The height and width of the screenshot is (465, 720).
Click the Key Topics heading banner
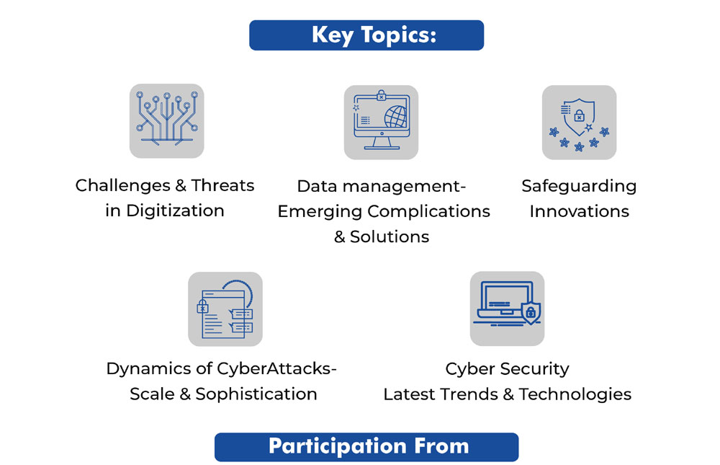366,35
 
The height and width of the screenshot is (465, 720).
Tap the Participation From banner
366,446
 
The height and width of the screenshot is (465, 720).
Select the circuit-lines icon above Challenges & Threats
167,121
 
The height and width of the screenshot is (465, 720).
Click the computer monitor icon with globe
381,123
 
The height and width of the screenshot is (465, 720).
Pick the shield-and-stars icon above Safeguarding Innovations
579,123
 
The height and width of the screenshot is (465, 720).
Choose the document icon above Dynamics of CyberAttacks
225,309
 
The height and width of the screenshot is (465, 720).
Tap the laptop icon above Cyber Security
507,309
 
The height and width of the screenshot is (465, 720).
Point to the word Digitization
175,211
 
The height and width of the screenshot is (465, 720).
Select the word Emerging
320,211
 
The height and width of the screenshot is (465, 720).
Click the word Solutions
390,236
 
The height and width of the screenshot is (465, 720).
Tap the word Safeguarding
579,186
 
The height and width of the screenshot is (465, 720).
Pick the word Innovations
579,211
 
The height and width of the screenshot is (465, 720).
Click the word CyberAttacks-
277,368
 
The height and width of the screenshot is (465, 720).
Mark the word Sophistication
256,394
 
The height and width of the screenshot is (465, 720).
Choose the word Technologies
575,394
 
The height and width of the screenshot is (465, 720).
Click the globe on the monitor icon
395,116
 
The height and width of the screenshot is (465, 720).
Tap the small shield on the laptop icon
531,313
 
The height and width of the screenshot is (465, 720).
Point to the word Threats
222,185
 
